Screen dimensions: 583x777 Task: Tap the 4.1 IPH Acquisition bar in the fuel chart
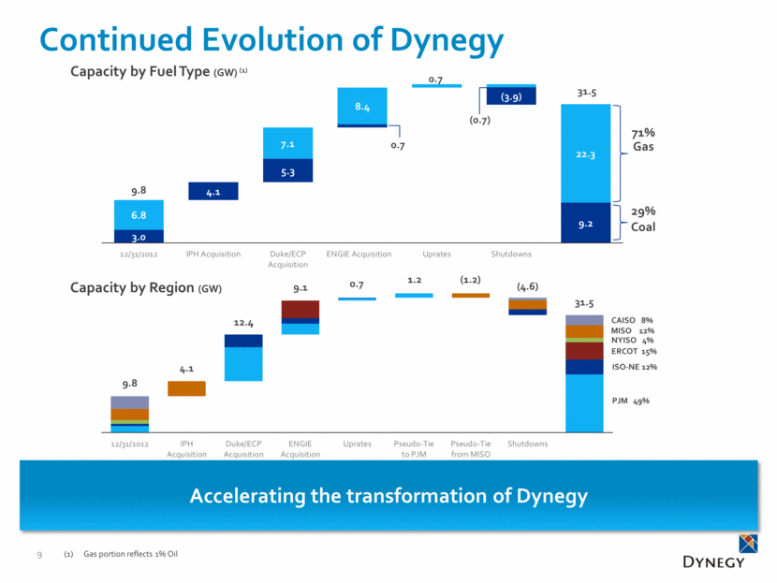213,191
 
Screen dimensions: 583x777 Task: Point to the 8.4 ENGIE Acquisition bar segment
361,106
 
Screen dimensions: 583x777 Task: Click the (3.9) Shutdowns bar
510,96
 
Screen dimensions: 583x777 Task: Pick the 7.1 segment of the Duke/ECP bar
287,144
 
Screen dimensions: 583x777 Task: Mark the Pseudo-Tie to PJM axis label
413,448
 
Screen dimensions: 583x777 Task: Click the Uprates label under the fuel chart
436,254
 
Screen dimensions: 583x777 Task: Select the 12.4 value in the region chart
243,324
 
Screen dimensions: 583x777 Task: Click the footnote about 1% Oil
130,556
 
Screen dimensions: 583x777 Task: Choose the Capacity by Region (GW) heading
145,288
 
